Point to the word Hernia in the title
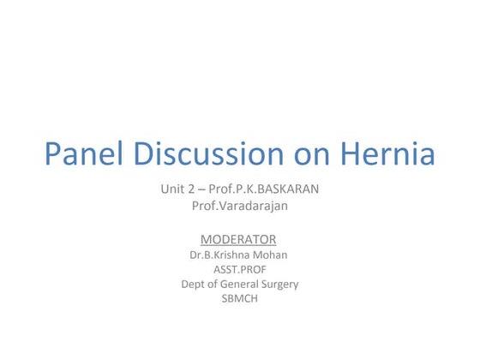click(x=384, y=155)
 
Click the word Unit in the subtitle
click(x=172, y=188)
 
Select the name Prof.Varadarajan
click(x=238, y=206)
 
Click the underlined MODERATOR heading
click(x=238, y=239)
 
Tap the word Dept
click(x=194, y=285)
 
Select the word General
click(x=243, y=285)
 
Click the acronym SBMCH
click(x=239, y=299)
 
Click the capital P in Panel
click(x=53, y=155)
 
